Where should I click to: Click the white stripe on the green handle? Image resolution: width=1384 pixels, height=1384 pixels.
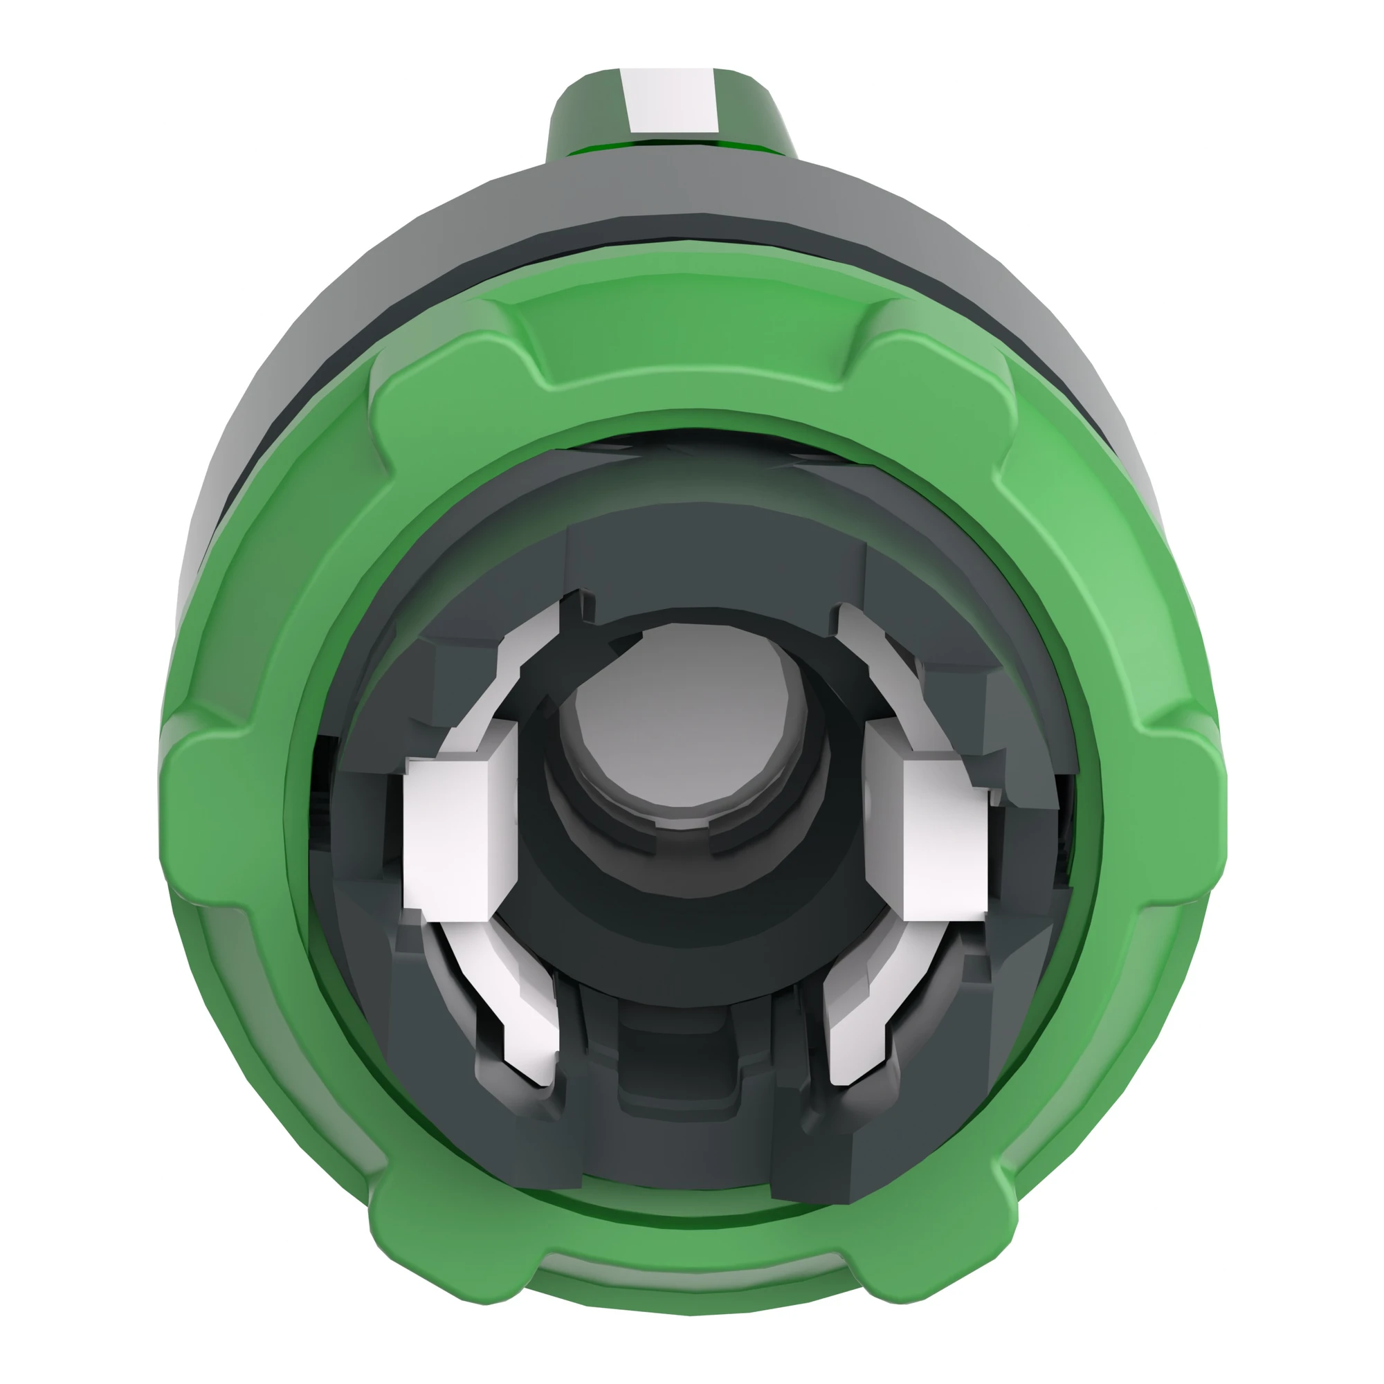click(x=670, y=100)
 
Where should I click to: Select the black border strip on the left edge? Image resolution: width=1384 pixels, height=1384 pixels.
click(x=46, y=692)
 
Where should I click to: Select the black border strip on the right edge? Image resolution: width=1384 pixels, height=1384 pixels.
click(x=1337, y=692)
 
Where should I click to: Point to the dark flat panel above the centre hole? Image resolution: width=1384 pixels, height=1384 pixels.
click(x=716, y=566)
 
